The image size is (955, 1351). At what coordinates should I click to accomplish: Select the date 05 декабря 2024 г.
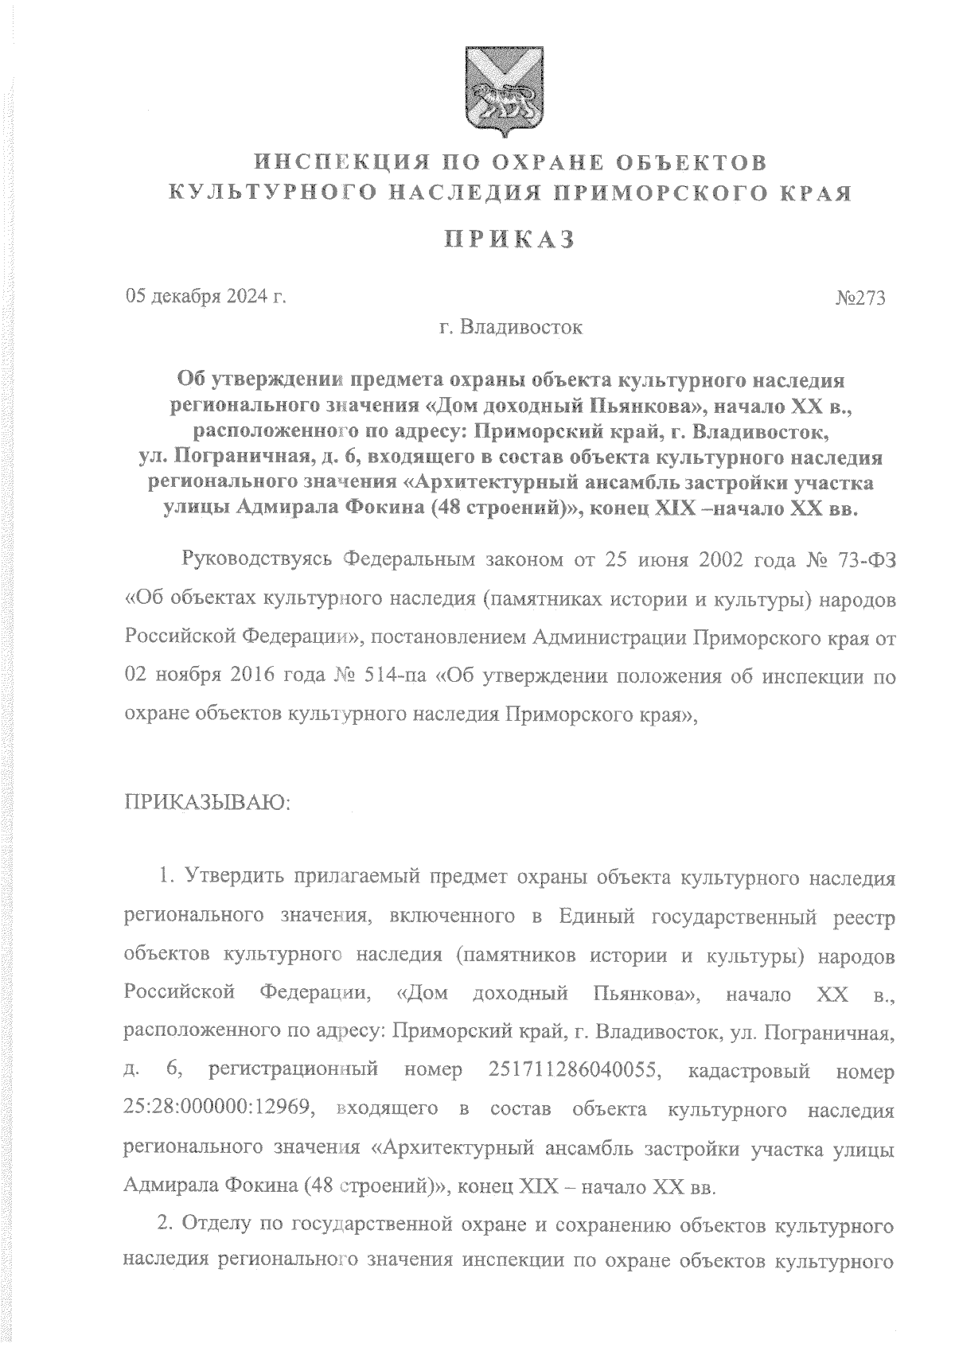click(205, 298)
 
